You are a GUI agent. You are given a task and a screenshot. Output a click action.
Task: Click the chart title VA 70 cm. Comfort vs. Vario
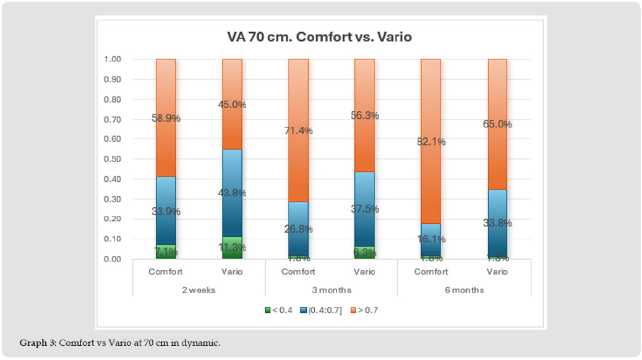[x=319, y=37]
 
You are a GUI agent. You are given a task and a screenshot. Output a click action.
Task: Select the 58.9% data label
[x=166, y=118]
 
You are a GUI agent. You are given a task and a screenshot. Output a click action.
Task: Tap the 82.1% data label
[x=430, y=142]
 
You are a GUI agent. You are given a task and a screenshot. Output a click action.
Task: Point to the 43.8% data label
[x=232, y=193]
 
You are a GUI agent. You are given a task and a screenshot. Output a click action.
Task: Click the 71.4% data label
[x=298, y=131]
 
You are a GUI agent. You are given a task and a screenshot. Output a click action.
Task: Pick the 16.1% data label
[x=430, y=239]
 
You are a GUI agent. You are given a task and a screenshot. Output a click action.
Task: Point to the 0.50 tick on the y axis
[x=113, y=159]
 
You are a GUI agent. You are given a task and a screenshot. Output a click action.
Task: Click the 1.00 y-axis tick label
[x=113, y=59]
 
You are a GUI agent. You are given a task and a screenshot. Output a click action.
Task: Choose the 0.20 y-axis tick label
[x=113, y=219]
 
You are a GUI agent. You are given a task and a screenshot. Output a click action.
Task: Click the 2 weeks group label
[x=199, y=289]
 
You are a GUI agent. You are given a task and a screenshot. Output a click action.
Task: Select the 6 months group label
[x=464, y=289]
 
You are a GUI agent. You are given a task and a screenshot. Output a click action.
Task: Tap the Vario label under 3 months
[x=364, y=272]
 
